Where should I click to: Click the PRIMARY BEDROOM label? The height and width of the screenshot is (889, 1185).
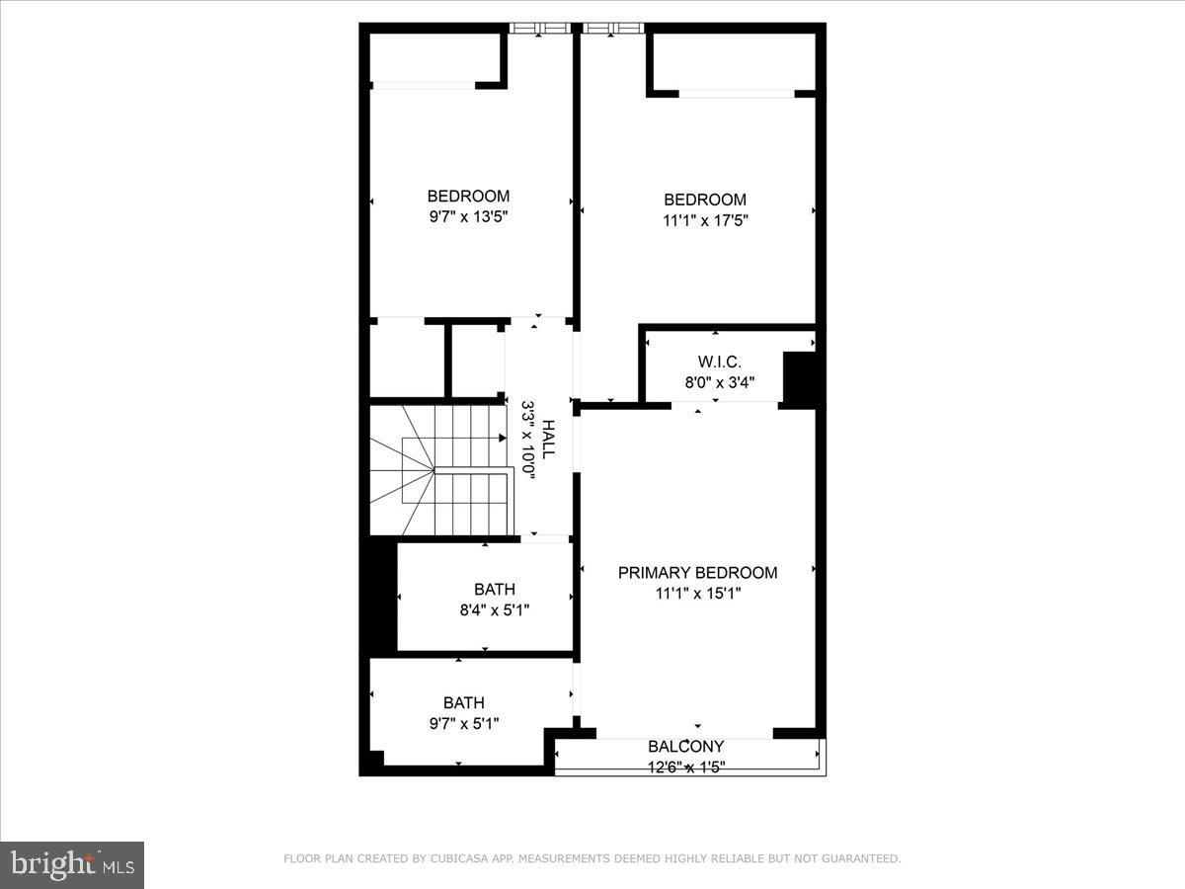click(697, 573)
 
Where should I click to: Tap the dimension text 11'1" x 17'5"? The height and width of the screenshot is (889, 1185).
click(705, 221)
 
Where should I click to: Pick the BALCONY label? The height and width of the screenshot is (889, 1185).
click(685, 747)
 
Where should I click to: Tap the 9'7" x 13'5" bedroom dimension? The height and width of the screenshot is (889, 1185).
click(468, 217)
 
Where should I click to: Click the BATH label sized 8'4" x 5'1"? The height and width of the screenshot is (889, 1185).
click(494, 590)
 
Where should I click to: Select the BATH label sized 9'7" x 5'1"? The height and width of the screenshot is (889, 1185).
click(463, 703)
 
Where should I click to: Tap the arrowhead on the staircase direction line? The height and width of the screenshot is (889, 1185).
click(503, 438)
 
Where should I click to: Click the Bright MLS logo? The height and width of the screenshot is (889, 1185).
click(72, 865)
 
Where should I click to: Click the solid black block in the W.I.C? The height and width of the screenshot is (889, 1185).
click(798, 379)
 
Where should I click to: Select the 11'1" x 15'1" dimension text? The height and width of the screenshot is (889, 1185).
click(697, 594)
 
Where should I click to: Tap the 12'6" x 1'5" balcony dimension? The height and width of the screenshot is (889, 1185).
click(685, 767)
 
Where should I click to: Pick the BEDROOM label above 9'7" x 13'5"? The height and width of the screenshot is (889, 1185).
click(468, 196)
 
